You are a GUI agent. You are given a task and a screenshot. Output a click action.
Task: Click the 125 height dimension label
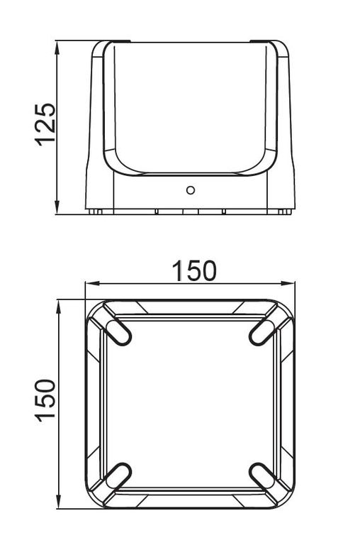click(x=45, y=124)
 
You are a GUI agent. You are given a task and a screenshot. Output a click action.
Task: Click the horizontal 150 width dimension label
click(x=194, y=271)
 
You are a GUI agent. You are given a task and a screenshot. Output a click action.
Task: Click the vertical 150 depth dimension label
click(x=45, y=400)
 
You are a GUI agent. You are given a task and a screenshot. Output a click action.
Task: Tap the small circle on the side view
click(x=190, y=190)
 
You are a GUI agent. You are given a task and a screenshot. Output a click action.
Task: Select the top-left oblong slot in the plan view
click(x=118, y=333)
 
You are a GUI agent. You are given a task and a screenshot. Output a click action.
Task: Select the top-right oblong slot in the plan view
click(x=263, y=333)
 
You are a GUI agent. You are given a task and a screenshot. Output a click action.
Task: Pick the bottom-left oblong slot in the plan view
click(x=118, y=476)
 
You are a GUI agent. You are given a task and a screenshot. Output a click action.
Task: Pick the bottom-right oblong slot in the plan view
click(x=263, y=476)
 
